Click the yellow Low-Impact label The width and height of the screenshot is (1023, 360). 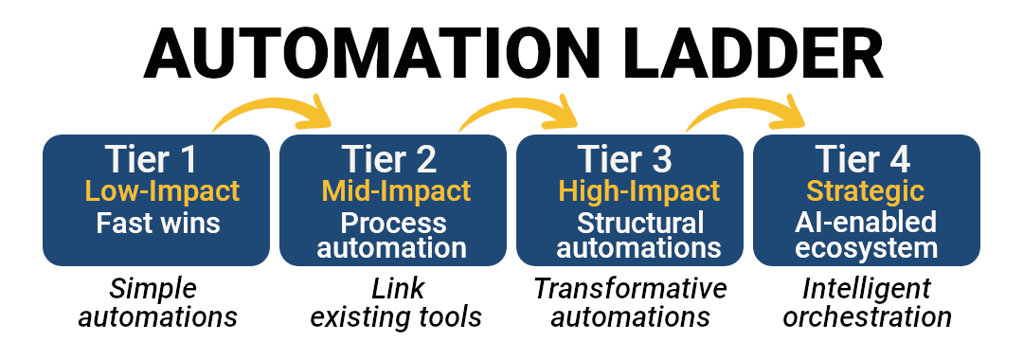pyautogui.click(x=162, y=191)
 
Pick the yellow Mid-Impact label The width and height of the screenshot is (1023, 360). pyautogui.click(x=396, y=191)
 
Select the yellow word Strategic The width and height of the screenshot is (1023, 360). pyautogui.click(x=865, y=191)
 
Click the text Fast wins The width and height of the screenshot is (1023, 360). pyautogui.click(x=158, y=225)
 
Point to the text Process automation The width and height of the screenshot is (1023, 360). pyautogui.click(x=392, y=236)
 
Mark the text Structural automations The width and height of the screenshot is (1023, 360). pyautogui.click(x=629, y=236)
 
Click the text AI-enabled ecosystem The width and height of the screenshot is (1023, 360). pyautogui.click(x=866, y=236)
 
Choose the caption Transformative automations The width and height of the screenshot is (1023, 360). pyautogui.click(x=629, y=302)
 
